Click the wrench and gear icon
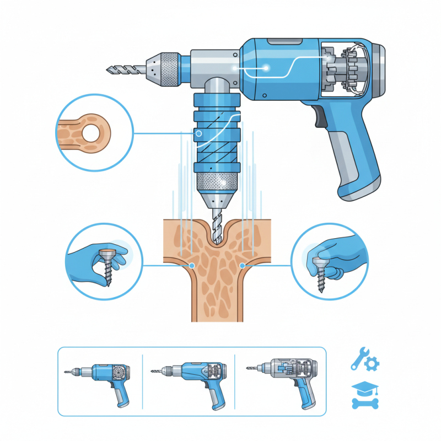tap(365, 359)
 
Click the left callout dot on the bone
tap(191, 265)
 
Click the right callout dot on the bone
tap(242, 265)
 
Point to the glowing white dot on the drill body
tap(266, 68)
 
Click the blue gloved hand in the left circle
tap(88, 259)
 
